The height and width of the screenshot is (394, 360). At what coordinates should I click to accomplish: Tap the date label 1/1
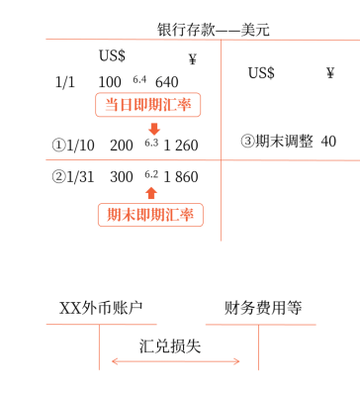point(65,81)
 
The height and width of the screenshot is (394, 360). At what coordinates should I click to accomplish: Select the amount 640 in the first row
point(167,81)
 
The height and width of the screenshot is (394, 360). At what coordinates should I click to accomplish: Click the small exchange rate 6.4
point(138,78)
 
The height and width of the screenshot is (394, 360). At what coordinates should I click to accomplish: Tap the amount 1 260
point(180,146)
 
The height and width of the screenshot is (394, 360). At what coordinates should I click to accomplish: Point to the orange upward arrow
point(150,194)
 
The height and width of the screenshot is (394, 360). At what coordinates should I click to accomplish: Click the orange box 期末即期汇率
point(149,215)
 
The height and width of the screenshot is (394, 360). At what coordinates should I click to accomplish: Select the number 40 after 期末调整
point(329,141)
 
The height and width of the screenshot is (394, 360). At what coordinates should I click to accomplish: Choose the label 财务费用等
point(261,309)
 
